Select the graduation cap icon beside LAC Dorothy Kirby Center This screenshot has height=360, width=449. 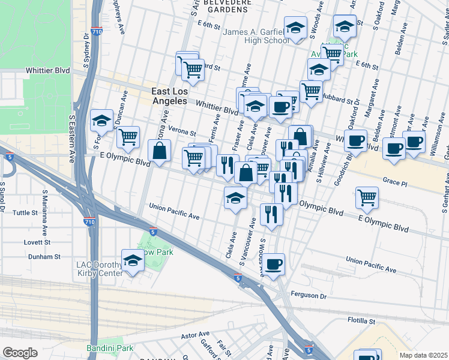point(133,260)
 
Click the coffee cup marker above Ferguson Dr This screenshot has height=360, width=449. point(274,264)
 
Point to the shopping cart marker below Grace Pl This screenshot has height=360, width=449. point(366,196)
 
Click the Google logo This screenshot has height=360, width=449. point(20,352)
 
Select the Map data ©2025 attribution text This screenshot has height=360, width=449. point(424,355)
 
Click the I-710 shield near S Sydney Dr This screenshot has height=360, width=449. point(96,31)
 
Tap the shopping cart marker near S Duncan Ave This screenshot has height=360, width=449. point(128,137)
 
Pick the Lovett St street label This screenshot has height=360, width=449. point(38,242)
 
